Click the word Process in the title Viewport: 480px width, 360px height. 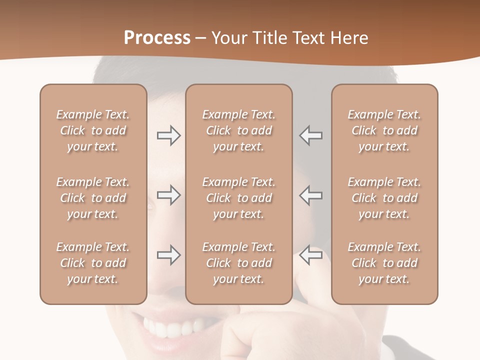(x=157, y=37)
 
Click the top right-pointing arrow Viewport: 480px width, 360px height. (x=168, y=135)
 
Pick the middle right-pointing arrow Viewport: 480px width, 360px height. (x=168, y=195)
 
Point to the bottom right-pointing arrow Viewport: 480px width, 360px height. (x=168, y=255)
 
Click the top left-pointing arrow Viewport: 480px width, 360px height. (x=310, y=135)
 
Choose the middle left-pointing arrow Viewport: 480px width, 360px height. (x=310, y=195)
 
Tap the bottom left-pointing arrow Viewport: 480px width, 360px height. (x=310, y=255)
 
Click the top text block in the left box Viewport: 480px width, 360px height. (x=93, y=130)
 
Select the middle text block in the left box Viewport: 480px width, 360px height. (x=93, y=198)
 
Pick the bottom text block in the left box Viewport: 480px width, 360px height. (x=93, y=263)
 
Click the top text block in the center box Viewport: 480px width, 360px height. (x=238, y=130)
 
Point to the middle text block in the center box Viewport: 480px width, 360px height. (x=238, y=198)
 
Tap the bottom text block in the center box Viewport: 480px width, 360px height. (x=238, y=263)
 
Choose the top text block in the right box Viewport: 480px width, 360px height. (x=384, y=130)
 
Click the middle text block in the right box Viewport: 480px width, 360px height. (x=384, y=198)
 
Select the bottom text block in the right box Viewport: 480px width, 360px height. (x=384, y=263)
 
